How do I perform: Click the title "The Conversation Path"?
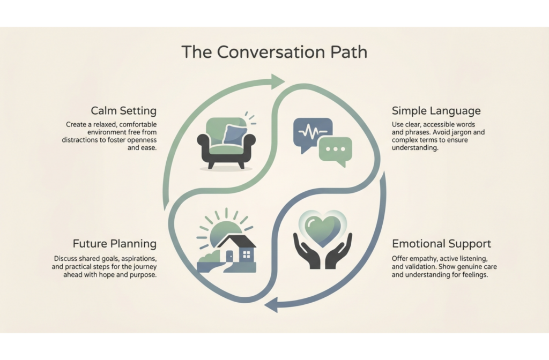point(274,52)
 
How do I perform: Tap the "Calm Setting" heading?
point(123,111)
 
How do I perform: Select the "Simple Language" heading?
point(436,111)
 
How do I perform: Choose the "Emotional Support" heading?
point(441,244)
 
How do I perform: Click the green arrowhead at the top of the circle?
point(277,81)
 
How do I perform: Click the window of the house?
point(247,254)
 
